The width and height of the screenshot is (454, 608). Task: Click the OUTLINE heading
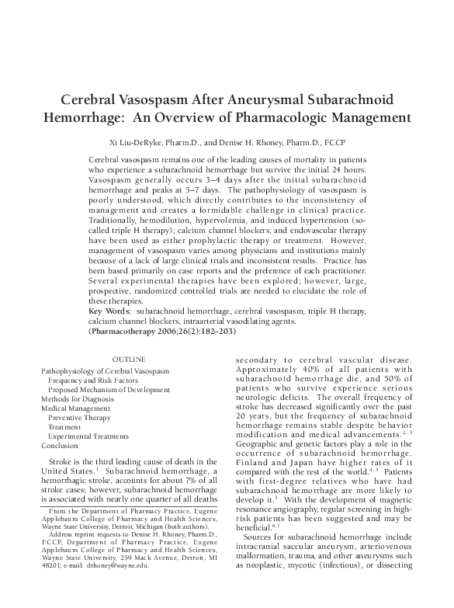[x=129, y=361]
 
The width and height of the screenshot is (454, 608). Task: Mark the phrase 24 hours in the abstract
[x=351, y=168]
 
